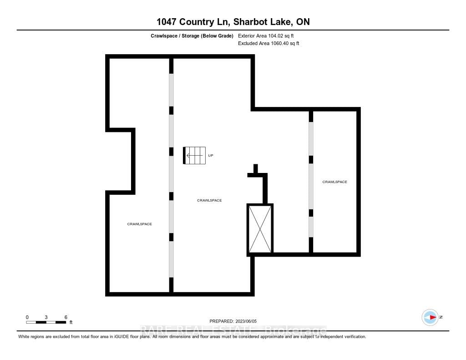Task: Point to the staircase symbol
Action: coord(194,156)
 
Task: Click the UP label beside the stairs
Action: coord(211,156)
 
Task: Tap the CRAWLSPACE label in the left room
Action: coord(139,224)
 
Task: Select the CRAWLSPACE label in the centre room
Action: coord(209,200)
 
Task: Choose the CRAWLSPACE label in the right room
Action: coord(334,182)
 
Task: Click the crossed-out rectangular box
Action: coord(260,228)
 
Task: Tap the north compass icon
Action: coord(430,317)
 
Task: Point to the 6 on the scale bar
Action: coord(66,317)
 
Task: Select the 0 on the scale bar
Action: coord(27,317)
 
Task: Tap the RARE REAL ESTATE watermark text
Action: coord(233,330)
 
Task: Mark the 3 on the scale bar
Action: coord(46,317)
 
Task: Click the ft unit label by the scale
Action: coord(71,323)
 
